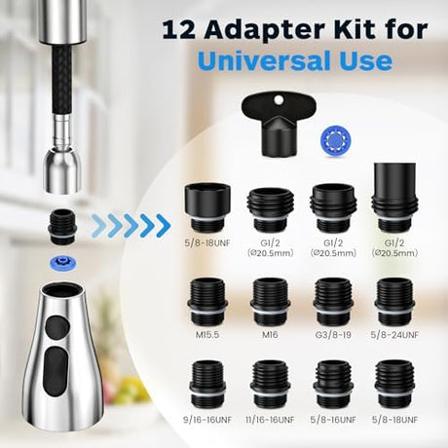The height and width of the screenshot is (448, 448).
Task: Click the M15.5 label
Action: point(207,334)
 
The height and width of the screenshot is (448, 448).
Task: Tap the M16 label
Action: point(270,334)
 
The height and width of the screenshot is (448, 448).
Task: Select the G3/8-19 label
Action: point(333,334)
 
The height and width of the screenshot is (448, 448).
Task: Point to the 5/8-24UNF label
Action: point(394,334)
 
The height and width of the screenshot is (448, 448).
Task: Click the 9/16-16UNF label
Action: point(207,420)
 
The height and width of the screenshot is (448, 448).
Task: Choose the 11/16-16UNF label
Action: point(270,420)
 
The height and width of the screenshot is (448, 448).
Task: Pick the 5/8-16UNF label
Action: point(333,420)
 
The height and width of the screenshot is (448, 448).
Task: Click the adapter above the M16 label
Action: point(270,302)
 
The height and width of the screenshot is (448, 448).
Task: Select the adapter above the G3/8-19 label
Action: point(333,302)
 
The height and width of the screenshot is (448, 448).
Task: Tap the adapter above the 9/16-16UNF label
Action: point(207,385)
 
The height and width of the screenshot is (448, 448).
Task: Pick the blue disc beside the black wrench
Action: point(335,140)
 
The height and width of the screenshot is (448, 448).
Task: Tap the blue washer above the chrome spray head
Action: point(62,262)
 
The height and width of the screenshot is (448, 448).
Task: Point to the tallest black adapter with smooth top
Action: point(394,197)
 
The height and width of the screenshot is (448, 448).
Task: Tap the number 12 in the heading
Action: point(178,30)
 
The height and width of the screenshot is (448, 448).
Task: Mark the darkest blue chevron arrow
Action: point(164,226)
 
